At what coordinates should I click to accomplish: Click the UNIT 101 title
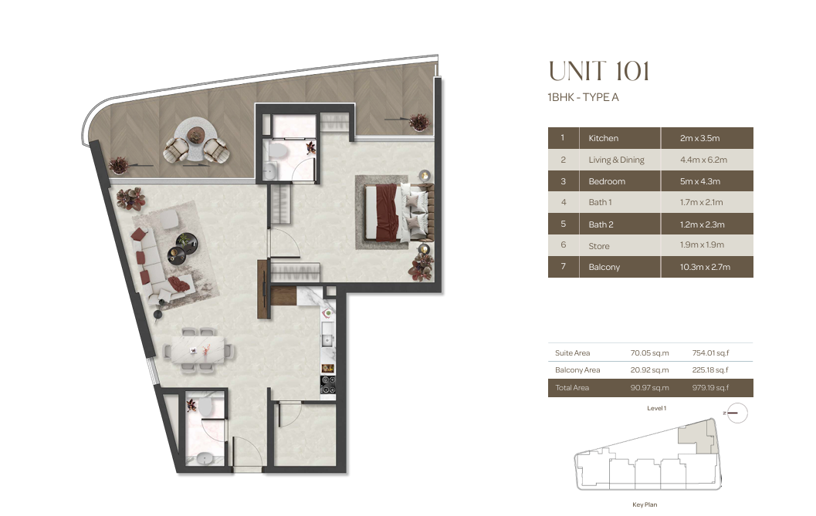pyautogui.click(x=599, y=71)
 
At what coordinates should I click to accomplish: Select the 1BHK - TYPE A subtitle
pyautogui.click(x=583, y=97)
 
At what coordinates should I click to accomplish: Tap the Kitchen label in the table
pyautogui.click(x=603, y=138)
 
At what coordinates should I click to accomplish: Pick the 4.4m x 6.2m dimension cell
pyautogui.click(x=703, y=160)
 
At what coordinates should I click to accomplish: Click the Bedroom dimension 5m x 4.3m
pyautogui.click(x=700, y=181)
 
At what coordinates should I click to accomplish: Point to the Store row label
pyautogui.click(x=598, y=246)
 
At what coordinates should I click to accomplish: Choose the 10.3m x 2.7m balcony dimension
pyautogui.click(x=705, y=267)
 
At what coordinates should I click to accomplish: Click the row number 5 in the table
pyautogui.click(x=563, y=224)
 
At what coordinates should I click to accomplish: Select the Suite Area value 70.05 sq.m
pyautogui.click(x=649, y=352)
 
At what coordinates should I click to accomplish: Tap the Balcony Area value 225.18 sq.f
pyautogui.click(x=709, y=369)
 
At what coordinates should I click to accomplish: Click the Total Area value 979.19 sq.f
pyautogui.click(x=710, y=387)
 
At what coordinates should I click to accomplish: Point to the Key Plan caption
pyautogui.click(x=645, y=504)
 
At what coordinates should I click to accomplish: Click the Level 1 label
pyautogui.click(x=656, y=408)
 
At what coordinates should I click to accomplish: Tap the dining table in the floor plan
pyautogui.click(x=195, y=350)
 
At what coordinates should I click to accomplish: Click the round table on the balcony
pyautogui.click(x=195, y=140)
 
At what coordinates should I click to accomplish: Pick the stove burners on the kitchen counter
pyautogui.click(x=328, y=384)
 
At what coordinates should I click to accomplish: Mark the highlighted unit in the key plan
pyautogui.click(x=697, y=436)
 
